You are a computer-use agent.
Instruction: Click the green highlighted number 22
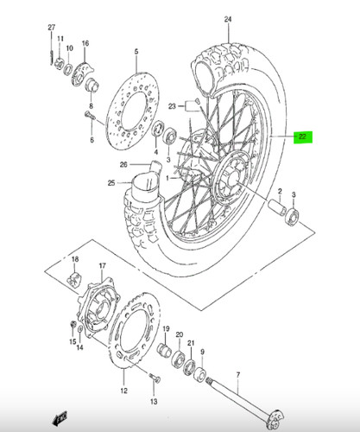click(x=303, y=137)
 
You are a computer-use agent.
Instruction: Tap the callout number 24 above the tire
click(x=228, y=19)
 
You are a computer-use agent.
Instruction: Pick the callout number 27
click(x=51, y=28)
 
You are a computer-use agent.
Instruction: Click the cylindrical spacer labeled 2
click(x=275, y=206)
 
